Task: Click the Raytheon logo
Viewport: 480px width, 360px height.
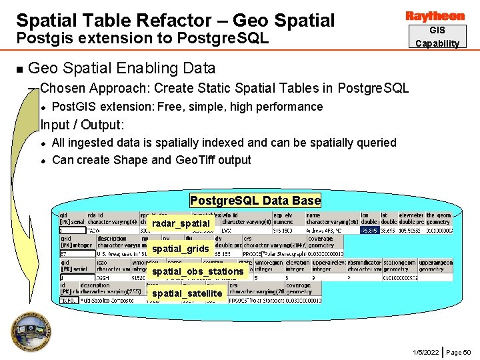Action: pos(435,15)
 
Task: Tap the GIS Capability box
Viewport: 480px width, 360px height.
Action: pos(437,37)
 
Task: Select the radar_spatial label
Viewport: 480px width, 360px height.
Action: pos(181,223)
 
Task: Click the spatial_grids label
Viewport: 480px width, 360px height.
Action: pos(181,249)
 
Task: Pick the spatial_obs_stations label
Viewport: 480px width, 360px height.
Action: pos(198,271)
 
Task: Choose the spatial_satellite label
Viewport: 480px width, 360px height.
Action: pos(187,293)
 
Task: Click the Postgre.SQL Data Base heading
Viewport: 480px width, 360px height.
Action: pos(255,201)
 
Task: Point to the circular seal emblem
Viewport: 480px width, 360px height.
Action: pos(28,331)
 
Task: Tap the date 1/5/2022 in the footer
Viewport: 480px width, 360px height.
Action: pos(426,352)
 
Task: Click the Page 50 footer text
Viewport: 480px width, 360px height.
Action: pos(459,352)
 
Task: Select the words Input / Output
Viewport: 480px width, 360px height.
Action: pos(83,125)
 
